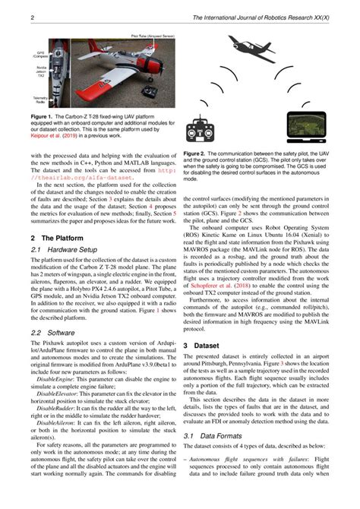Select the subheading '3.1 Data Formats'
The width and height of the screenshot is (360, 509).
212,457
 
